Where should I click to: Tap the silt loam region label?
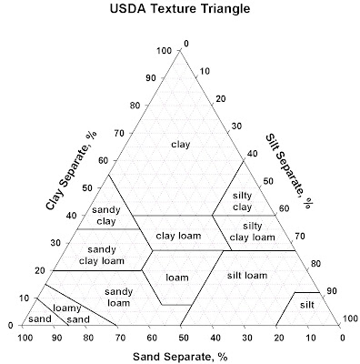point(246,274)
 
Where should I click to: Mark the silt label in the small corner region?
point(308,305)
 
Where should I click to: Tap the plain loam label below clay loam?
point(176,276)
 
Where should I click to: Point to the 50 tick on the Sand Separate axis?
point(183,336)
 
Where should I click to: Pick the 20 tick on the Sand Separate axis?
point(278,336)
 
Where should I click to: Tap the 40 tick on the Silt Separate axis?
point(253,154)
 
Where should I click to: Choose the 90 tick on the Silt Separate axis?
point(332,291)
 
